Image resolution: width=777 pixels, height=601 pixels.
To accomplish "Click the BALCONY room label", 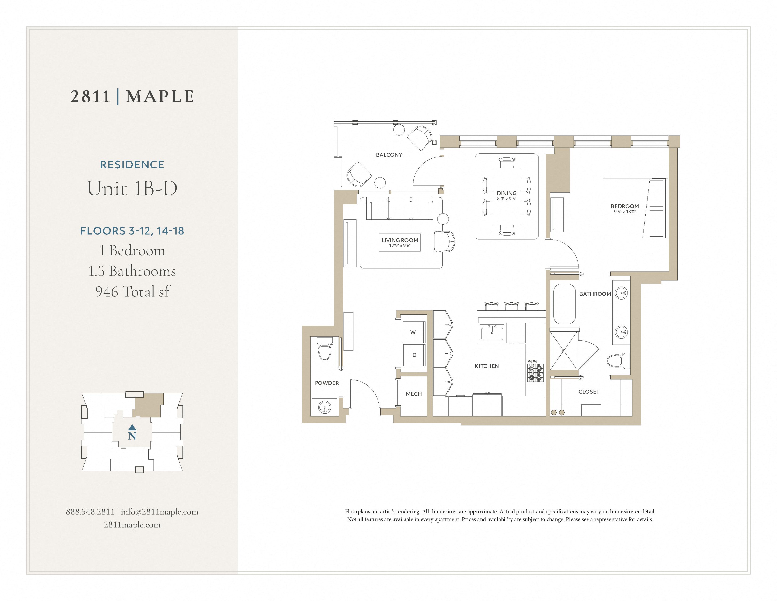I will (x=389, y=155).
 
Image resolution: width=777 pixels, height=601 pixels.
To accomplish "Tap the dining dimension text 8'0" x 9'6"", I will (x=506, y=199).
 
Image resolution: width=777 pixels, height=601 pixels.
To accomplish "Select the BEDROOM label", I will (x=624, y=206).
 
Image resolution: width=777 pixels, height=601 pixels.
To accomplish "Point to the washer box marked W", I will (x=413, y=332).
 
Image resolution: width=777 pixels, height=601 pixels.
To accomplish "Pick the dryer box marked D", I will (x=414, y=355).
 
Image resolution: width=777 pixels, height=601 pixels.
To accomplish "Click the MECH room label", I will (x=413, y=394).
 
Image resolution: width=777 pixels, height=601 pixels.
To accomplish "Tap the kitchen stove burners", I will (x=535, y=371).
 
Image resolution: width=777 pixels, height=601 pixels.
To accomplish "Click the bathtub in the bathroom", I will (x=564, y=304).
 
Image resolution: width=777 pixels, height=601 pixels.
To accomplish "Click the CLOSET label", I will (x=589, y=392).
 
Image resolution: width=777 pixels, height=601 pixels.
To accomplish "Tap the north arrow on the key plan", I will (x=132, y=427).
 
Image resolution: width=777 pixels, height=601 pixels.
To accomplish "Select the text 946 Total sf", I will (x=132, y=292).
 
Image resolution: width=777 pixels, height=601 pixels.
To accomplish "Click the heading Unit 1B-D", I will (x=132, y=188).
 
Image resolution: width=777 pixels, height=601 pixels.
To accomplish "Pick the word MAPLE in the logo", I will (x=160, y=96).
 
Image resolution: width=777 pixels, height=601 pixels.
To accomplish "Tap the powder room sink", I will (x=324, y=407).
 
